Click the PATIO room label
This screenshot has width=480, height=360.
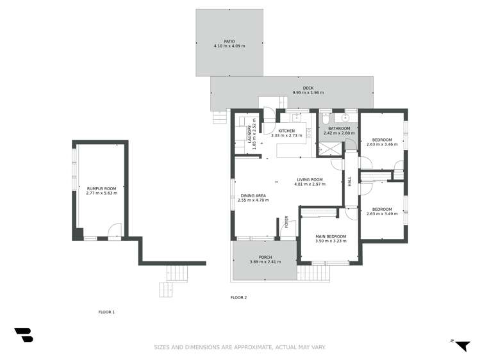(229, 41)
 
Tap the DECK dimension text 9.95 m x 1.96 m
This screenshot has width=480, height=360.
(308, 93)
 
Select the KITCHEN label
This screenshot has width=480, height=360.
(286, 131)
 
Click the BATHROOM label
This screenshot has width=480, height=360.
(339, 128)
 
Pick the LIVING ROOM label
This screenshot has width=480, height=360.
(309, 179)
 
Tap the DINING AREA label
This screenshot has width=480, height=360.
(253, 195)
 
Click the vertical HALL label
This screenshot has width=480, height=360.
(350, 181)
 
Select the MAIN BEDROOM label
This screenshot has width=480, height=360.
(331, 236)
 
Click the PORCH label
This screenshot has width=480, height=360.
(265, 257)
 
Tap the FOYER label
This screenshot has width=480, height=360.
(287, 222)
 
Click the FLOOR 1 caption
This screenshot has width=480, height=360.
(106, 312)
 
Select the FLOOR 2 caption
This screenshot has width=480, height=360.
(238, 297)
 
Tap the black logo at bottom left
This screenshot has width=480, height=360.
(24, 334)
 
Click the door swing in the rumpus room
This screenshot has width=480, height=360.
(114, 230)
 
